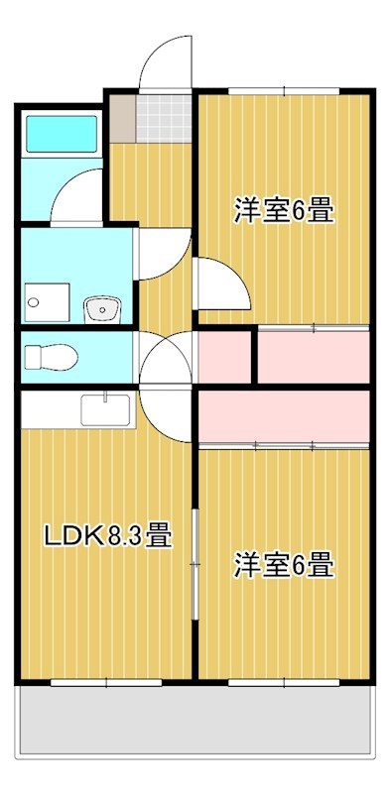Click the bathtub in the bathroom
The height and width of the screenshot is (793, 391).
62,134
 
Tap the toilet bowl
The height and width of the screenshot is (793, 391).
51,357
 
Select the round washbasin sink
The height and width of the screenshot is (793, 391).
102,309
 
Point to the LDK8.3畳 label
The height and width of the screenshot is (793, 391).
108,536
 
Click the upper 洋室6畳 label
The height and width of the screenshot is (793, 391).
284,210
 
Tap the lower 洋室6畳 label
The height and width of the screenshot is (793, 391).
284,565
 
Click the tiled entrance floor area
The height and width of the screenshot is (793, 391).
163,119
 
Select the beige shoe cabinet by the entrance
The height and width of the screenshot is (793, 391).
123,119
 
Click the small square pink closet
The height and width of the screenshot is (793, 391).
224,357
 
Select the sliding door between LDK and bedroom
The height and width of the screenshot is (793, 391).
195,563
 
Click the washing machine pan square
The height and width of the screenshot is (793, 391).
47,302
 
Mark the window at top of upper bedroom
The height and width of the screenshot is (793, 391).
284,91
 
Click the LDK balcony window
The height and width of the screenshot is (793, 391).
106,683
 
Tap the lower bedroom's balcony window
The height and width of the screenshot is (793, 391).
284,683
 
